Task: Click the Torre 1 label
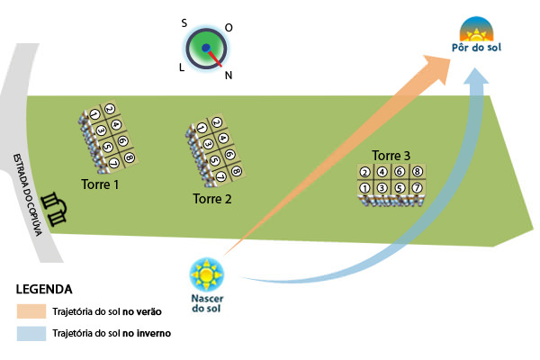click(100, 184)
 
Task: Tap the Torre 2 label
click(212, 199)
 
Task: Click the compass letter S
click(184, 23)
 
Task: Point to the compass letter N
click(229, 76)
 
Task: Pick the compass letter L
click(182, 67)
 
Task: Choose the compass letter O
click(229, 28)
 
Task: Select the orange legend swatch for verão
click(33, 311)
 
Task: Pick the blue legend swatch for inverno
click(33, 332)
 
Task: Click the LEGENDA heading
click(44, 290)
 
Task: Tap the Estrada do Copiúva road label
click(28, 193)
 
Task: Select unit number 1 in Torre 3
click(365, 188)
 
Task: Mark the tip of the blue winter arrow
click(477, 72)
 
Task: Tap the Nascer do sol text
click(208, 304)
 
